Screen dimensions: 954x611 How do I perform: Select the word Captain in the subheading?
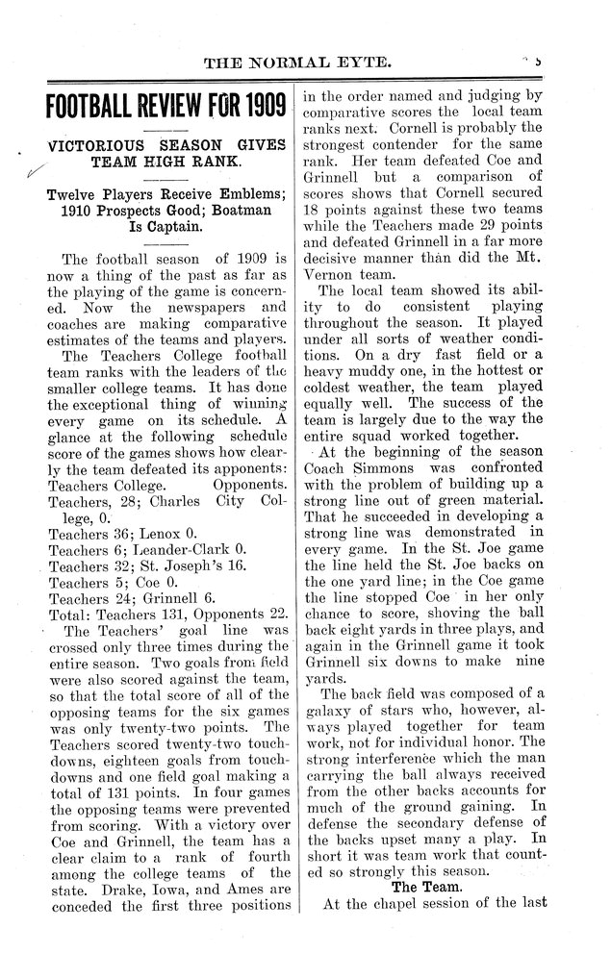(x=186, y=228)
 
